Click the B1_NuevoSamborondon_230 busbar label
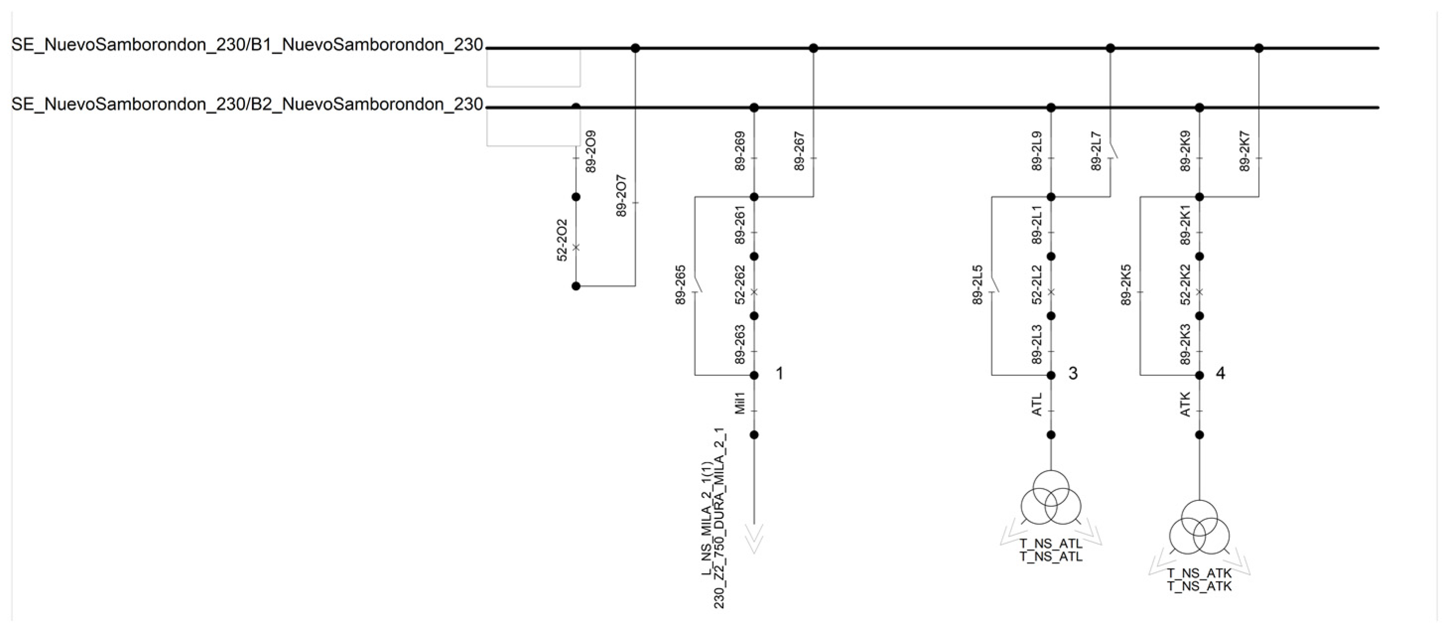[247, 45]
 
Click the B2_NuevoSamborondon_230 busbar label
[247, 105]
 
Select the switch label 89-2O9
[590, 151]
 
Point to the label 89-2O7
[621, 196]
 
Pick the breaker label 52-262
[740, 285]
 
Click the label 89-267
[799, 151]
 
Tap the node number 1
[779, 373]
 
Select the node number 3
[1073, 373]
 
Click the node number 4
[1220, 373]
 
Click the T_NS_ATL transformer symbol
[1051, 498]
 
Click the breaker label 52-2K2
[1185, 285]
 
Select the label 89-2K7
[1245, 151]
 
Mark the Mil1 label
[740, 404]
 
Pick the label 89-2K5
[1126, 285]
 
